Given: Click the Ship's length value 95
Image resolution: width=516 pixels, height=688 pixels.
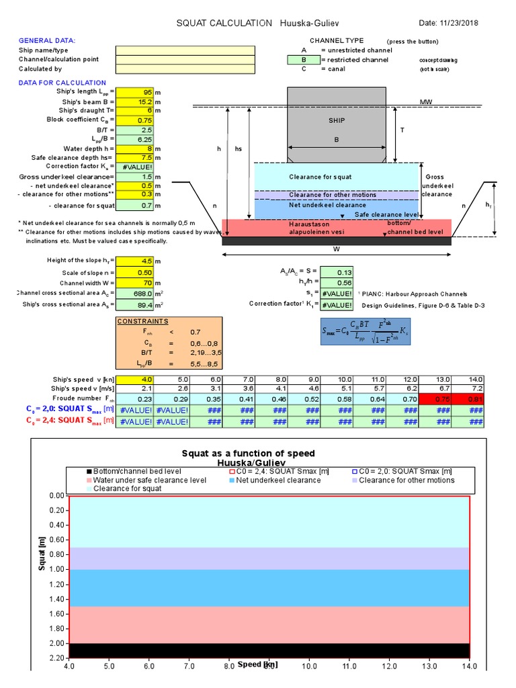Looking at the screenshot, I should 134,91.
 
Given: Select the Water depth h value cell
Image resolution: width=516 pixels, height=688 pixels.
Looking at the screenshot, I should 134,148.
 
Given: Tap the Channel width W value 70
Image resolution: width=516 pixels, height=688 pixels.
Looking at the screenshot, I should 134,283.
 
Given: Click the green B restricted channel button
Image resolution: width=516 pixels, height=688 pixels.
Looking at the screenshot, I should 303,59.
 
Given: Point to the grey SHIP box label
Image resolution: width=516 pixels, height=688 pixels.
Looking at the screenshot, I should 337,120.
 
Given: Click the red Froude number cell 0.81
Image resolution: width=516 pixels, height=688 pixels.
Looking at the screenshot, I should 468,398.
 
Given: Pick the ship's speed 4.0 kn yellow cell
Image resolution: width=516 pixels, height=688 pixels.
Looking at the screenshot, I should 134,379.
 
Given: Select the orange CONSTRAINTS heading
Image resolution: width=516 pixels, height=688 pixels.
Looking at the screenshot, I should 143,321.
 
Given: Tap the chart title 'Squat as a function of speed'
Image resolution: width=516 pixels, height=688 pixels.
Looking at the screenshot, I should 258,454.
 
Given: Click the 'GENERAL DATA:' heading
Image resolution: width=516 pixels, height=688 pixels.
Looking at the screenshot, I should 47,41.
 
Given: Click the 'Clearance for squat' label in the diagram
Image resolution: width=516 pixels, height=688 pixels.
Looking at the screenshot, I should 320,177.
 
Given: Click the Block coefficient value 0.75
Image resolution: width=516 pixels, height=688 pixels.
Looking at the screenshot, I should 134,120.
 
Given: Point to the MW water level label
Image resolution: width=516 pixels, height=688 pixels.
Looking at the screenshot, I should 426,102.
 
